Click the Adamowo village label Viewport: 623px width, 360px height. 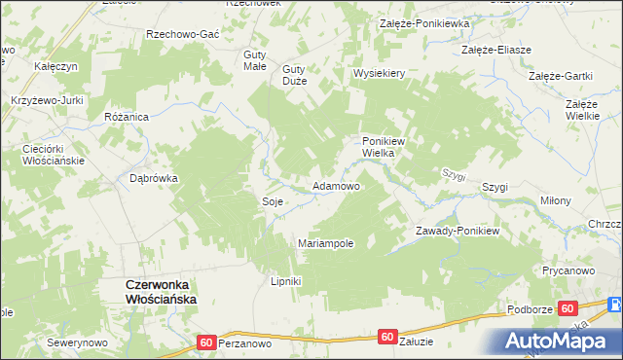tap(336, 185)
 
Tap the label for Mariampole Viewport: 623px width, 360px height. tap(325, 243)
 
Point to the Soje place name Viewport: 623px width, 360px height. tap(273, 201)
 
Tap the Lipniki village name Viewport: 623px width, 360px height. tap(286, 281)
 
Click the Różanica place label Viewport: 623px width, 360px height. tap(126, 116)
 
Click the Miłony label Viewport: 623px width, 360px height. tap(556, 200)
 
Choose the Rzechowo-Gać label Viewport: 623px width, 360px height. tap(181, 33)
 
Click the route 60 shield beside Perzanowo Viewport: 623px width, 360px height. tap(205, 342)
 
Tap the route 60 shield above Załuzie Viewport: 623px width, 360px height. tap(387, 337)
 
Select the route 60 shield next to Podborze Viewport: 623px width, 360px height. tap(567, 307)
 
